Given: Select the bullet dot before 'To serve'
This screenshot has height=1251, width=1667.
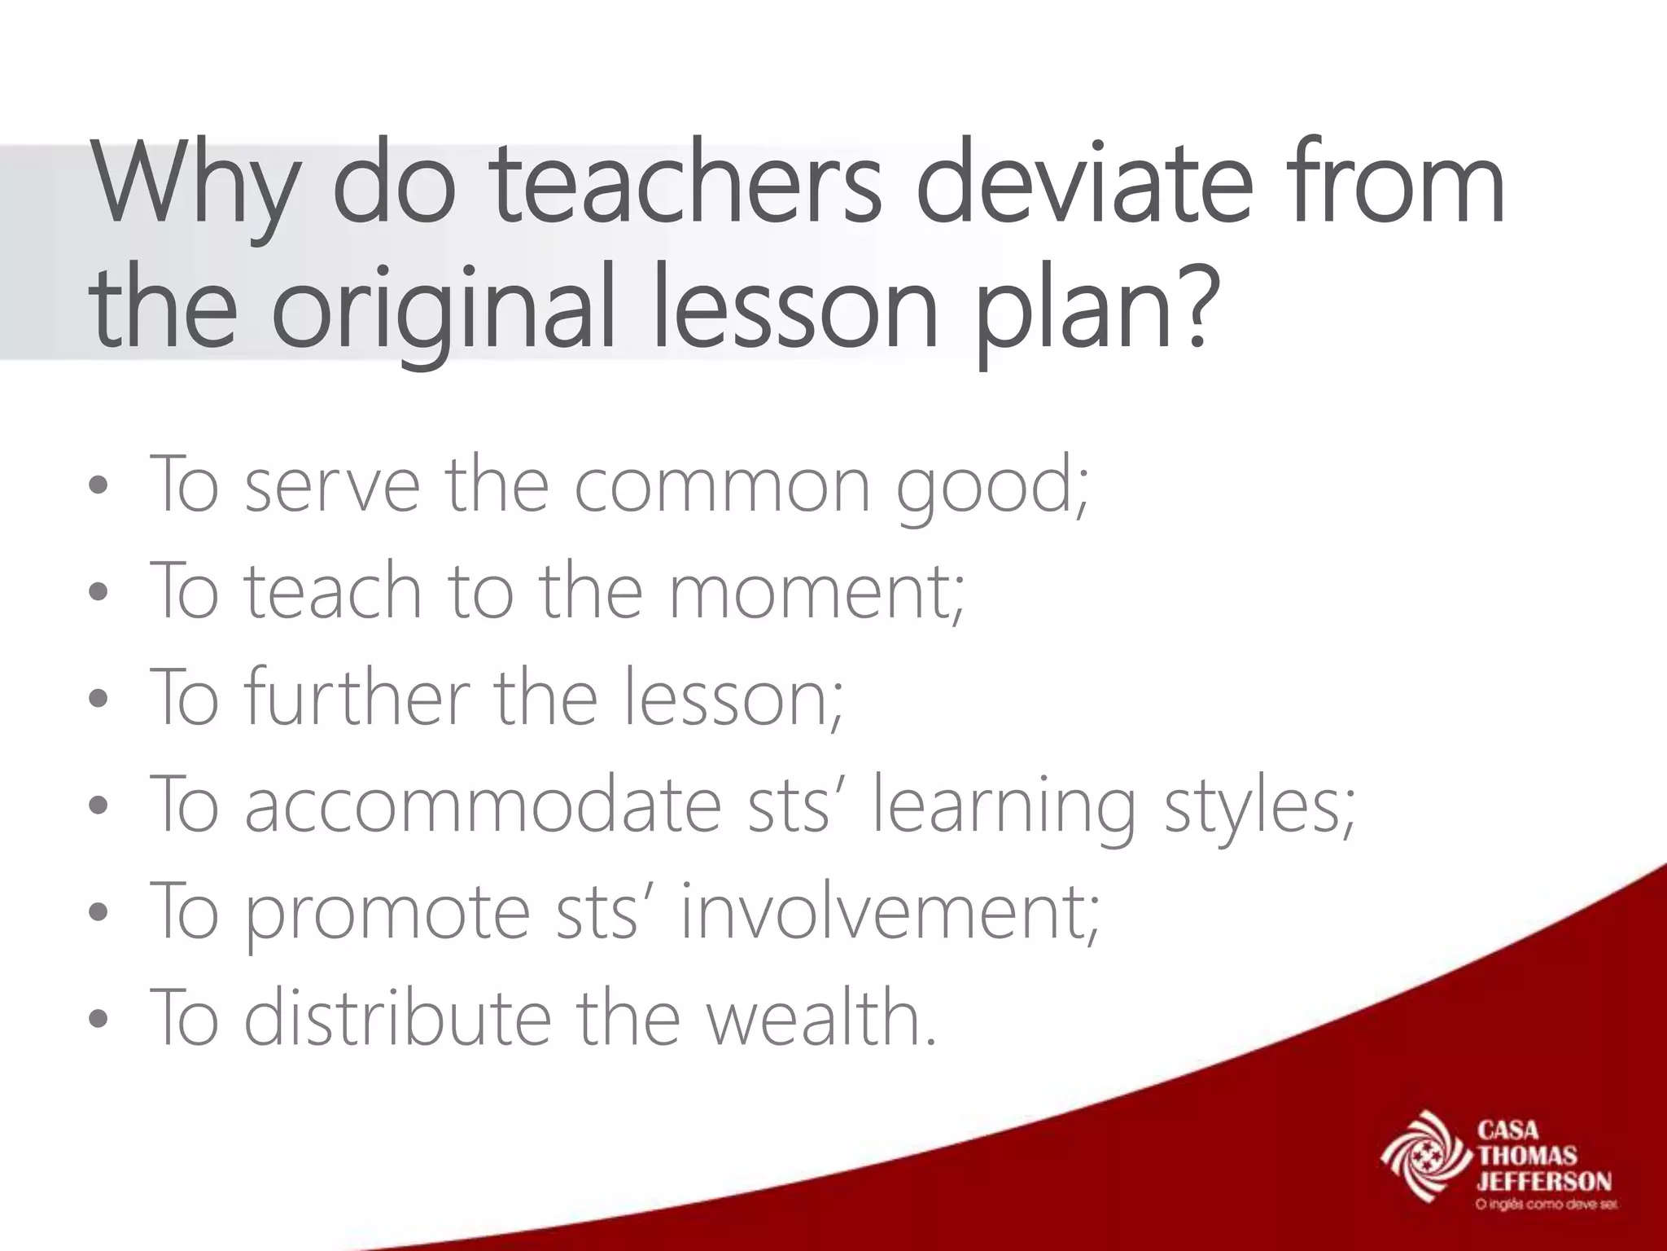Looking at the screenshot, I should point(98,488).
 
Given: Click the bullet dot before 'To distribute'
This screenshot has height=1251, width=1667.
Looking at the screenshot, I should point(98,1020).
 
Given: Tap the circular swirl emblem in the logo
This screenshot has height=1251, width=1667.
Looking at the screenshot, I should point(1425,1157).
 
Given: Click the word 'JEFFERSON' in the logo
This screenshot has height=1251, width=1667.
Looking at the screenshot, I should point(1544,1182).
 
